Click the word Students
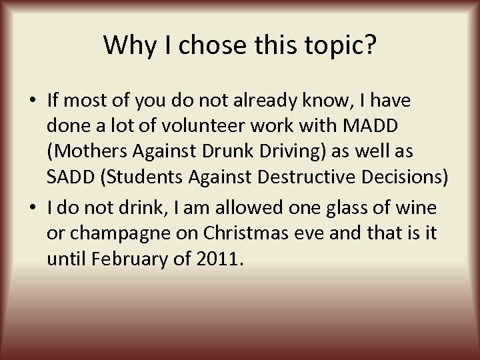coord(150,179)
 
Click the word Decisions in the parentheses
coord(406,179)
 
